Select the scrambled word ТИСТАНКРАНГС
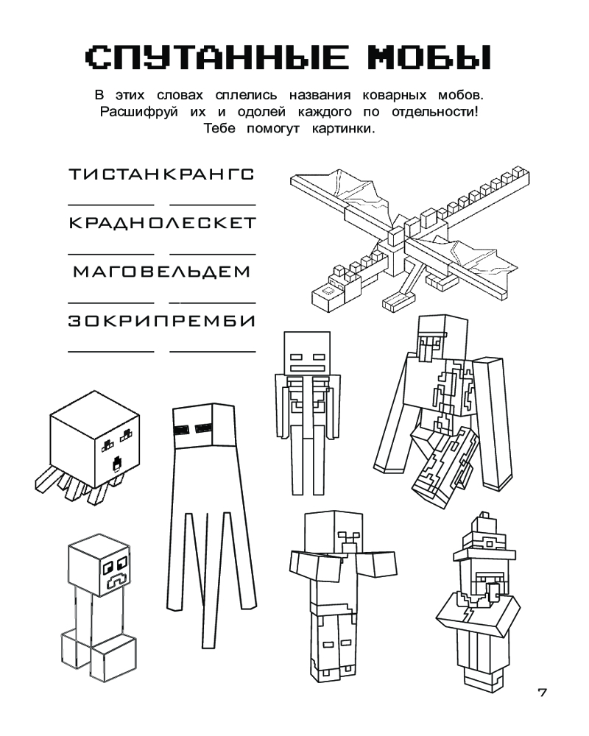161,174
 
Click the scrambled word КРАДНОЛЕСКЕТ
163,222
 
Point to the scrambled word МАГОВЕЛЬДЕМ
162,272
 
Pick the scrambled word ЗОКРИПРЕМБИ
162,321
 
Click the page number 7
542,693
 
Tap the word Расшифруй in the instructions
139,113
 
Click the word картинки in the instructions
343,129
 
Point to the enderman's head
203,426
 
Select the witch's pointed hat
485,538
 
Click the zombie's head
333,533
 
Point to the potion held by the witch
493,591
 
